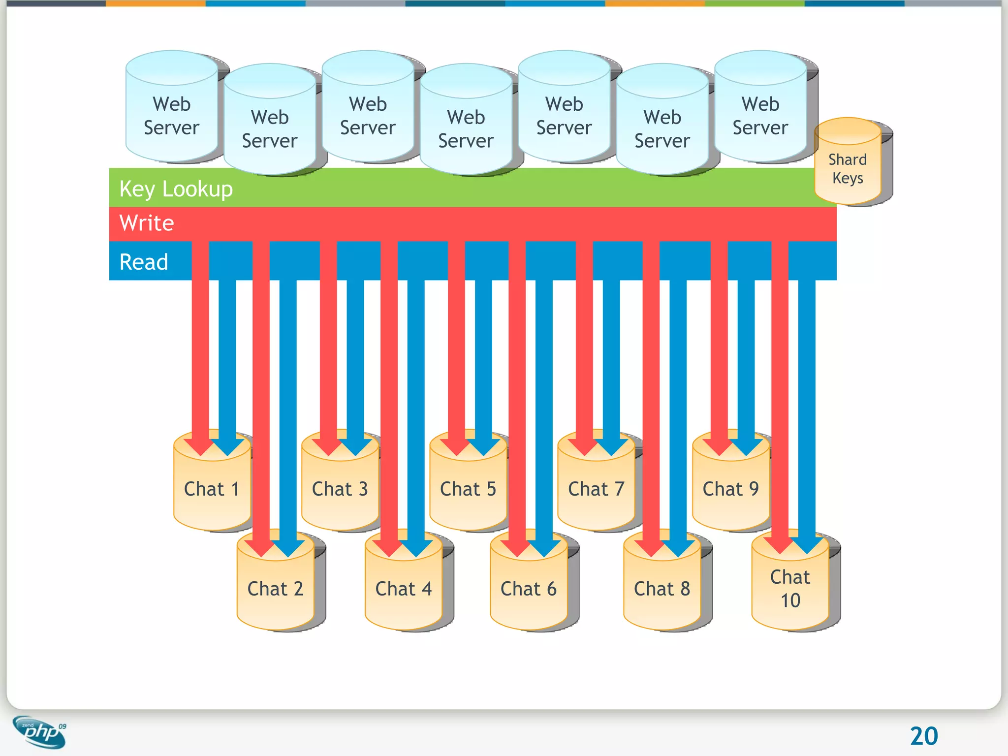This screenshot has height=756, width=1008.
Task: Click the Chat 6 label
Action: point(528,589)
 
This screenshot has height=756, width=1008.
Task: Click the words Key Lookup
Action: point(176,189)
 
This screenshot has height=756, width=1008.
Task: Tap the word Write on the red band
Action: point(147,223)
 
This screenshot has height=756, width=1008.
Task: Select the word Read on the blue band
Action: point(144,262)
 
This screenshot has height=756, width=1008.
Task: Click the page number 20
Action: point(924,736)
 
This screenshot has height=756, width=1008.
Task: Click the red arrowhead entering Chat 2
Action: point(261,546)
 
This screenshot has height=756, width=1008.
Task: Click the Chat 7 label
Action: point(596,489)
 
